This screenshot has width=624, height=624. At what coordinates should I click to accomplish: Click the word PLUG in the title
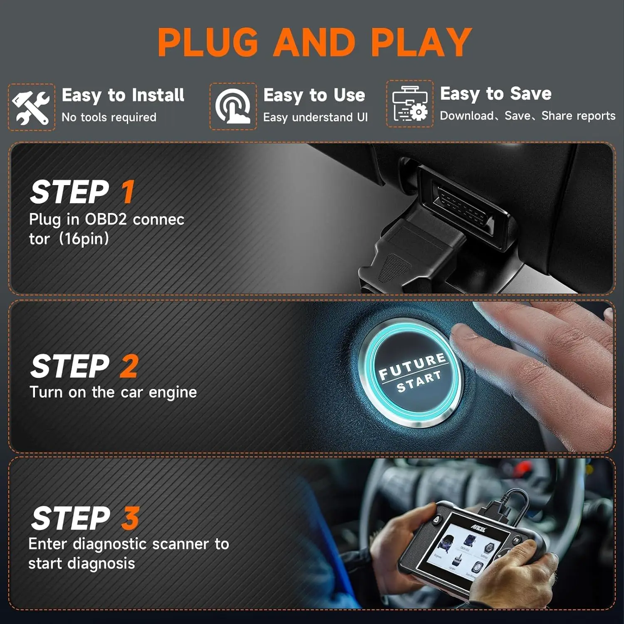click(x=208, y=42)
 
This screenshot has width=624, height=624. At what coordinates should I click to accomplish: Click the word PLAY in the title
click(x=421, y=42)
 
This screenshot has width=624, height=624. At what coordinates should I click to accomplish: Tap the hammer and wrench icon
click(x=31, y=107)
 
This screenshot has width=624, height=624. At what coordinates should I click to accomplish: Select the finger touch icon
click(x=233, y=107)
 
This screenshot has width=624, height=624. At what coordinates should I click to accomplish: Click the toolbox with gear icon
click(x=410, y=104)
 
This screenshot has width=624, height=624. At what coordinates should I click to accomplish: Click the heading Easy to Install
click(x=123, y=95)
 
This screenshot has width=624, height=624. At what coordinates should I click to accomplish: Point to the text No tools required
click(x=109, y=118)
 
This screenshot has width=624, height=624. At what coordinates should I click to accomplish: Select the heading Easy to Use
click(x=314, y=95)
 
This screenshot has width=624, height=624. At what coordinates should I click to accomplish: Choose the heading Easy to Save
click(x=495, y=94)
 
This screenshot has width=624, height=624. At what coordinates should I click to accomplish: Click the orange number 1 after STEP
click(x=128, y=192)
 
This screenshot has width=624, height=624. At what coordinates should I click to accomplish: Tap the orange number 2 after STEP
click(x=129, y=366)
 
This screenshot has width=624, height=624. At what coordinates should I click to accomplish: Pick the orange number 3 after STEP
click(x=130, y=518)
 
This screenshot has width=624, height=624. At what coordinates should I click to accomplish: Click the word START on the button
click(x=418, y=382)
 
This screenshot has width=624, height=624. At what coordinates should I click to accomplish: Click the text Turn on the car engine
click(x=113, y=392)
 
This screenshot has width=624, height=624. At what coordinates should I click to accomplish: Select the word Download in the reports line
click(x=467, y=116)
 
